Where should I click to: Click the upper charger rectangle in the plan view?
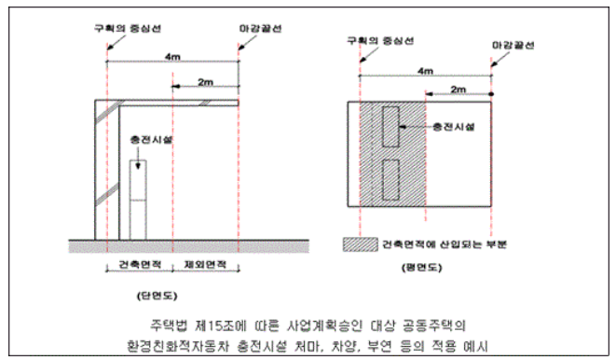pos(390,126)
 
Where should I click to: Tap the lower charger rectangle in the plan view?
pos(390,180)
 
